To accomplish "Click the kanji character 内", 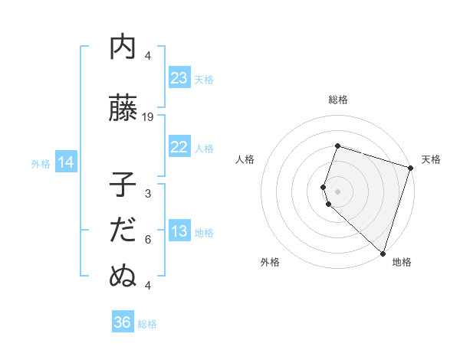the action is pos(123,47).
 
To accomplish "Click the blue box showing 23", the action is pos(179,78).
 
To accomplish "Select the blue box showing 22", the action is pos(179,148).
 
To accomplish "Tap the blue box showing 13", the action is pos(179,232).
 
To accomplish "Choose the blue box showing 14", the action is pos(66,162).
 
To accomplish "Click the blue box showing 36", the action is pos(123,322).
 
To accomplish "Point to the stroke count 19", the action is pos(148,117).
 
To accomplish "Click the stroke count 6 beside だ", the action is pos(148,240).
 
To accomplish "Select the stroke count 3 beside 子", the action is pos(148,194).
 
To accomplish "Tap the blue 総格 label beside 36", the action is pos(147,323).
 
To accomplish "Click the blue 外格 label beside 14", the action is pos(41,163).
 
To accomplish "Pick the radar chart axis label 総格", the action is pos(338,100).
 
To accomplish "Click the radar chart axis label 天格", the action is pos(432,159).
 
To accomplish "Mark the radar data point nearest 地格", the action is pos(383,253).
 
